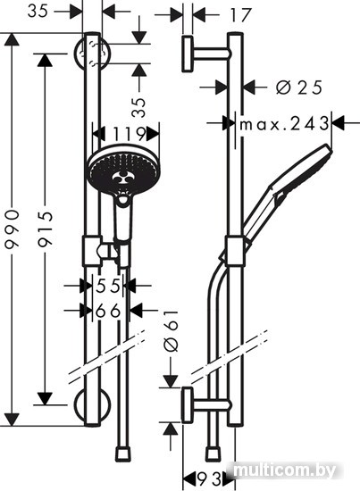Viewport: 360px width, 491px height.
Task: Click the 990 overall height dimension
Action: point(13,229)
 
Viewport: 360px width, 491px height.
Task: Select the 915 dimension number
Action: point(46,229)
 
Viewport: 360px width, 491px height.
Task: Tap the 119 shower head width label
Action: point(130,135)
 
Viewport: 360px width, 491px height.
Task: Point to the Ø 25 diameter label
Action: point(299,87)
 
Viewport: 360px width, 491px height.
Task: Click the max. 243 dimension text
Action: point(284,124)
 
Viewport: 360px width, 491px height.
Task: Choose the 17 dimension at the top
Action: point(241,14)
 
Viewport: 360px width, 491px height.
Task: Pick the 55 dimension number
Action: point(108,286)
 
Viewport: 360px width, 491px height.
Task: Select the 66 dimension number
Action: point(108,311)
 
